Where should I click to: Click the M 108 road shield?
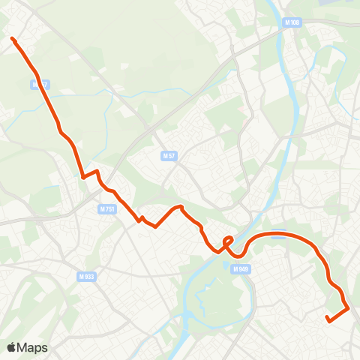(x=292, y=23)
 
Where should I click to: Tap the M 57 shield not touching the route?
(x=169, y=156)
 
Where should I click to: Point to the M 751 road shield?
(x=107, y=209)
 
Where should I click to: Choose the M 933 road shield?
(x=86, y=276)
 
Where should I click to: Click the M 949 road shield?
(x=240, y=268)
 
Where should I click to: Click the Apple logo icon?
(x=12, y=347)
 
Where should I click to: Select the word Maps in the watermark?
(x=33, y=347)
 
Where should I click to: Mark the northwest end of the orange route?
(x=12, y=38)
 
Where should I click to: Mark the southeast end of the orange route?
(x=328, y=320)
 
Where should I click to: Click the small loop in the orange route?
(x=228, y=241)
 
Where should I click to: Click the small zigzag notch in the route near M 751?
(x=140, y=219)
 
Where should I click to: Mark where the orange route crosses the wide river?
(x=241, y=244)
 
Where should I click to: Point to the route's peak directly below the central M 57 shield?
(x=178, y=206)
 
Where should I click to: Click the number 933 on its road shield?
(x=89, y=276)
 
